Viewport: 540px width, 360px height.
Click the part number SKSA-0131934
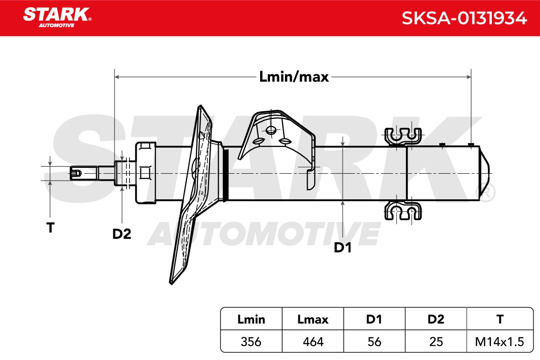(x=464, y=18)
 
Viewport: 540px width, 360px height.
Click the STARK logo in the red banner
(x=57, y=17)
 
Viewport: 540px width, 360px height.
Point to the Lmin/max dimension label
(x=294, y=77)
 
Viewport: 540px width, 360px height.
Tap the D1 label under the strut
(x=342, y=247)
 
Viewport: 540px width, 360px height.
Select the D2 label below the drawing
(x=122, y=234)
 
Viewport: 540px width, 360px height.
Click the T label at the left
(x=50, y=228)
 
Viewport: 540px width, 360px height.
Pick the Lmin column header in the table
(x=251, y=319)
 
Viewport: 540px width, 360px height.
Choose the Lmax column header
(x=313, y=319)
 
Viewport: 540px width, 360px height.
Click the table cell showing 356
(x=251, y=342)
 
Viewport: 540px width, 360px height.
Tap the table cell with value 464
(x=313, y=342)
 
